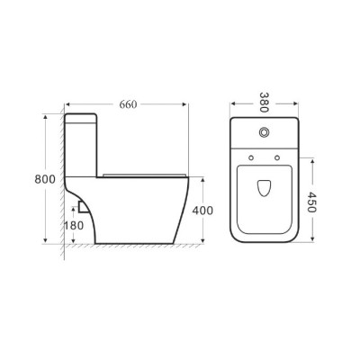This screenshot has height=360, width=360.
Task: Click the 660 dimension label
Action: pos(128,104)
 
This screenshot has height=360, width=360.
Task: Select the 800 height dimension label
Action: pos(45,179)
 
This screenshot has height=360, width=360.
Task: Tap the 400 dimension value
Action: pos(202,211)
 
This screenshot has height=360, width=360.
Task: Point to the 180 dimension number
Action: pos(74,225)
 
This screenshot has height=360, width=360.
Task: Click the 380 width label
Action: pos(264,103)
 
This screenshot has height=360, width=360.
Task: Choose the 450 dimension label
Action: pos(311,202)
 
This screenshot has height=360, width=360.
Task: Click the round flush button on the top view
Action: pos(264,132)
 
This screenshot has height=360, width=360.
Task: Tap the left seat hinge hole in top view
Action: pos(251,157)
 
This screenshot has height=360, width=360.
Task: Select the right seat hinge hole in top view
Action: pos(277,157)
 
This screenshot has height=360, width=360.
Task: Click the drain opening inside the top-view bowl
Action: pos(264,188)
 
